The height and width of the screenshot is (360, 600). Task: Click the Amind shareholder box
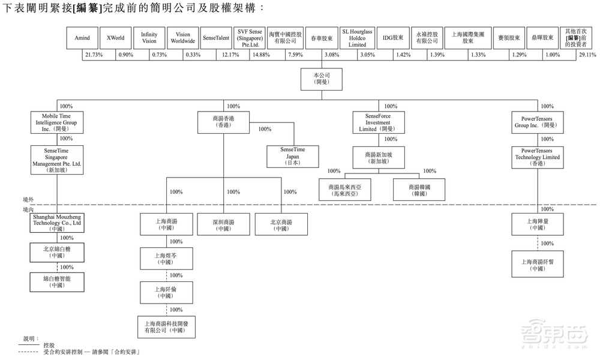pyautogui.click(x=82, y=38)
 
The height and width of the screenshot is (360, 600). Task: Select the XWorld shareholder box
pyautogui.click(x=116, y=38)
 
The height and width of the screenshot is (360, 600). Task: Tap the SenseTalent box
pyautogui.click(x=217, y=38)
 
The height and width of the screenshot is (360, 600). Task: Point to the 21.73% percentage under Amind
pyautogui.click(x=94, y=55)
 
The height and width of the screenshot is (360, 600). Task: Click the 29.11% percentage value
pyautogui.click(x=587, y=55)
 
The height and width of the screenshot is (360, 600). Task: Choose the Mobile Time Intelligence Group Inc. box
pyautogui.click(x=56, y=122)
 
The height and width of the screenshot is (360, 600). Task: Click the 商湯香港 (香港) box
pyautogui.click(x=223, y=122)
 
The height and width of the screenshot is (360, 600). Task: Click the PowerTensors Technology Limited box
pyautogui.click(x=540, y=157)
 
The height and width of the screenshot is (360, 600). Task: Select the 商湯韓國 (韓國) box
pyautogui.click(x=419, y=191)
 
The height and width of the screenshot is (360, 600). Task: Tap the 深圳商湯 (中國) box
pyautogui.click(x=223, y=225)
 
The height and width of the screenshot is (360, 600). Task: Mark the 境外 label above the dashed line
pyautogui.click(x=28, y=199)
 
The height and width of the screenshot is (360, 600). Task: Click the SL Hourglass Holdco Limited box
pyautogui.click(x=357, y=38)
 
